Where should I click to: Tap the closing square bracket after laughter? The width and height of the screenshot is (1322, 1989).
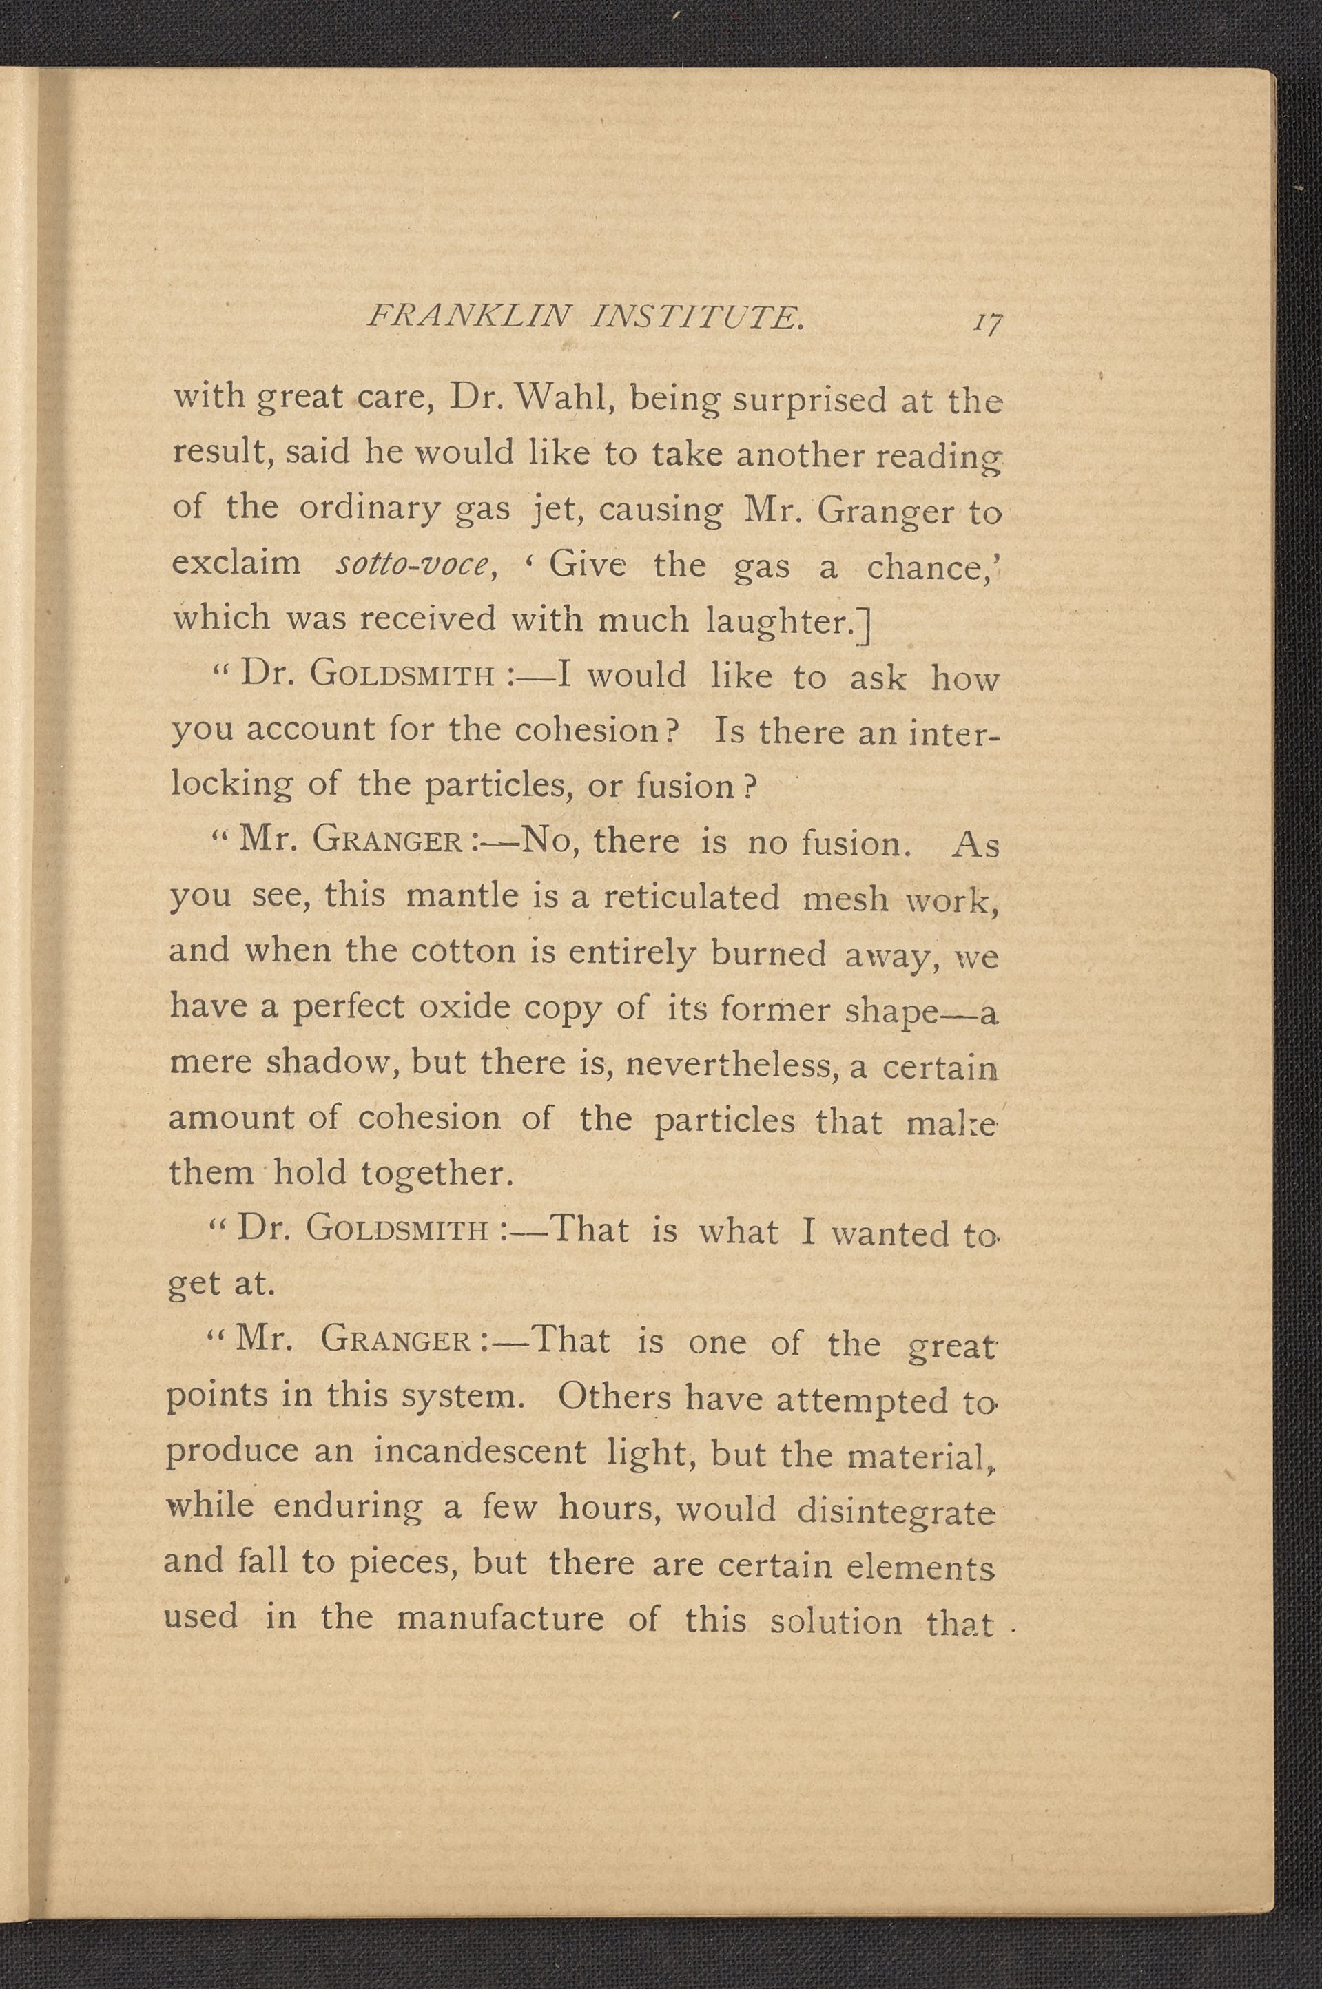(x=865, y=624)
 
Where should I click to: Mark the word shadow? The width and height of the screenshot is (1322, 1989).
(x=331, y=1063)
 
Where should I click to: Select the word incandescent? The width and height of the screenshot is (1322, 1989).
(x=479, y=1452)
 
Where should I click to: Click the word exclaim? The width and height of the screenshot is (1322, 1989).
(x=236, y=562)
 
